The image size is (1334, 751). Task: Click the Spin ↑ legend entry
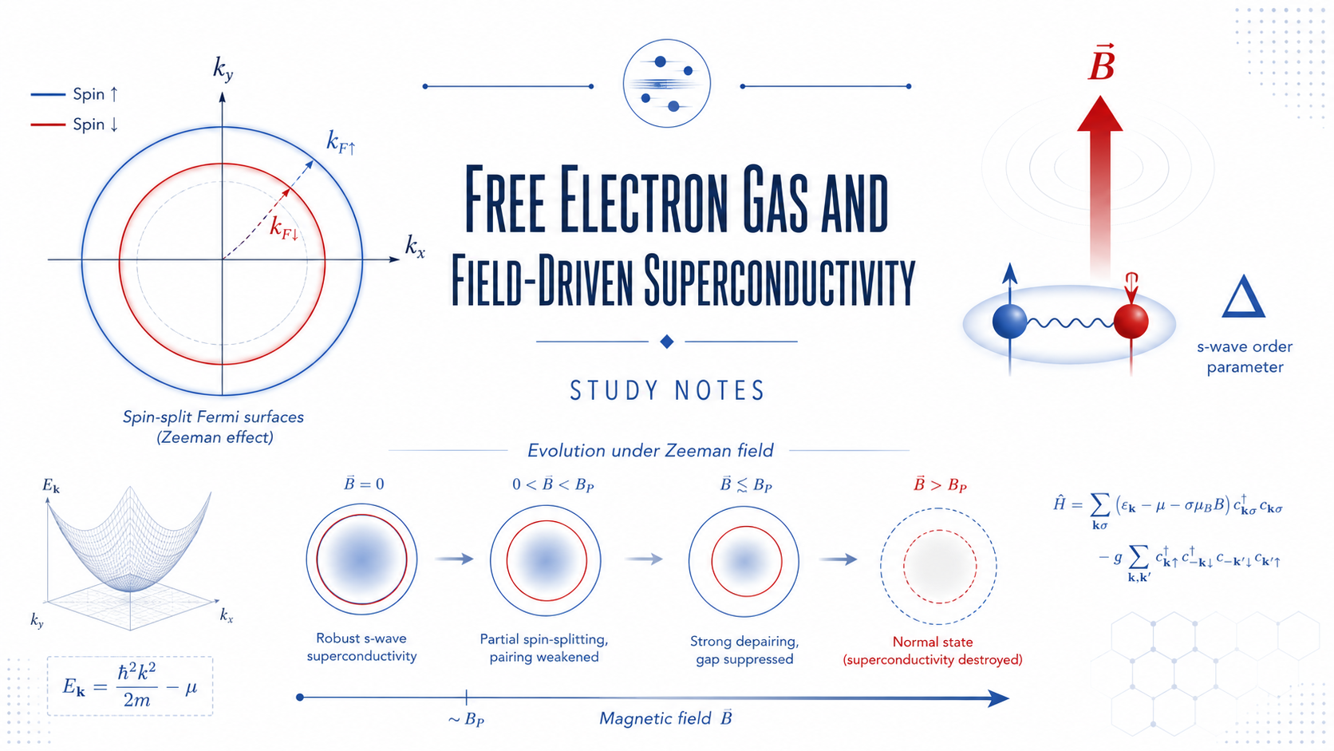tap(74, 94)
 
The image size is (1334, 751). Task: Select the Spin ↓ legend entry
tap(74, 125)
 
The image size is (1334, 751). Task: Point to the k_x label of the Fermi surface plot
tap(415, 245)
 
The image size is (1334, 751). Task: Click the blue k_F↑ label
tap(341, 143)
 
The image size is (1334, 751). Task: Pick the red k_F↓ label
tap(283, 229)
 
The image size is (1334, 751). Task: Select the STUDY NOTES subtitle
tap(667, 391)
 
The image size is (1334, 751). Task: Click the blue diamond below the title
tap(667, 342)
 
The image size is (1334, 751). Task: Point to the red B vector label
tap(1101, 62)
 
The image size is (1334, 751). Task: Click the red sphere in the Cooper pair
tap(1131, 321)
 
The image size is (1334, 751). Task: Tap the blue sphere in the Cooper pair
tap(1009, 322)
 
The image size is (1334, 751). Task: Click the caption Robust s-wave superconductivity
tap(361, 647)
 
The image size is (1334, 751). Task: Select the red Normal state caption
tap(933, 651)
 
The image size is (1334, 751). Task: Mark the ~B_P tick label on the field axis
tap(466, 719)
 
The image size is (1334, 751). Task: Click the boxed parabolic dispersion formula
tap(130, 686)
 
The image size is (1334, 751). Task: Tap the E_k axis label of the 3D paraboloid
tap(51, 486)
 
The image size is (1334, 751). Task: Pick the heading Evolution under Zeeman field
tap(650, 450)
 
